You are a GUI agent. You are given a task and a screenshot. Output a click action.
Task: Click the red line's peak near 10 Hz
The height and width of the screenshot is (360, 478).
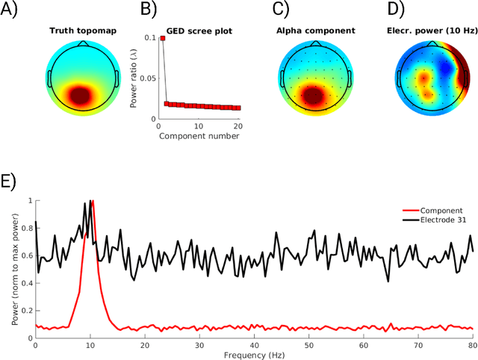[92, 202]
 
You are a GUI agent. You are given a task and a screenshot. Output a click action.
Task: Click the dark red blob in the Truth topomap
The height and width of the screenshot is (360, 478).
[81, 95]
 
